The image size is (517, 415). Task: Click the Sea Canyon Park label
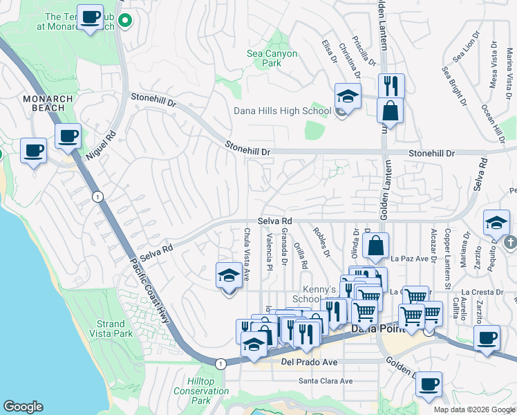pyautogui.click(x=272, y=58)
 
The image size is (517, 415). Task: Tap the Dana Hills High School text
pyautogui.click(x=282, y=111)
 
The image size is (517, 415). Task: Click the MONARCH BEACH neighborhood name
pyautogui.click(x=48, y=104)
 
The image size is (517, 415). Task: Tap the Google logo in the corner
pyautogui.click(x=23, y=407)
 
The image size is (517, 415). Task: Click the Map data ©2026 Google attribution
pyautogui.click(x=473, y=409)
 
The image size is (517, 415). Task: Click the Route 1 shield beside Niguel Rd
pyautogui.click(x=98, y=197)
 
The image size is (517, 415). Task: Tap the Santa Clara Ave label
pyautogui.click(x=325, y=380)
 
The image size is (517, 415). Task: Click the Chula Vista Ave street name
pyautogui.click(x=246, y=254)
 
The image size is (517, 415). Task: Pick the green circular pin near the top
pyautogui.click(x=124, y=21)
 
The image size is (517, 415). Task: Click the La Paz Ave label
pyautogui.click(x=410, y=259)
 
